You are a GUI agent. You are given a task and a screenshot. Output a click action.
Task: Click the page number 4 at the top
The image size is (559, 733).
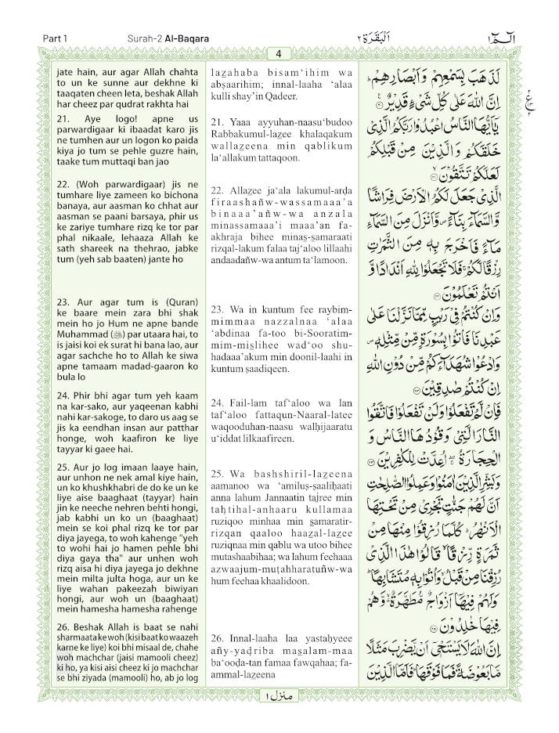point(278,53)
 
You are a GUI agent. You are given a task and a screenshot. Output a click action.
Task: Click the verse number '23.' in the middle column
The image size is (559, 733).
point(218,309)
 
